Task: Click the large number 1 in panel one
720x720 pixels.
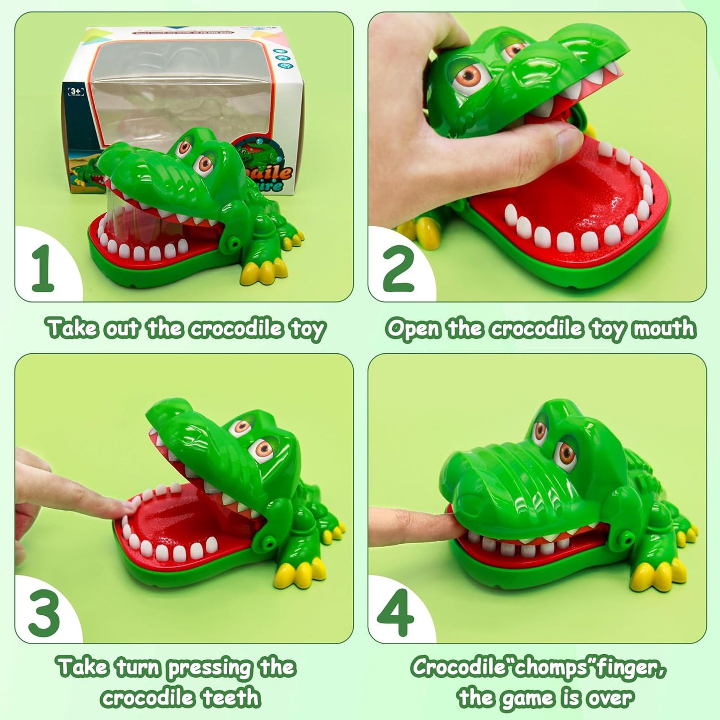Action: (43, 268)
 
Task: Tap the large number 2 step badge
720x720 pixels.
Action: (398, 268)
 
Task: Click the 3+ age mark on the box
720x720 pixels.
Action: (75, 91)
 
